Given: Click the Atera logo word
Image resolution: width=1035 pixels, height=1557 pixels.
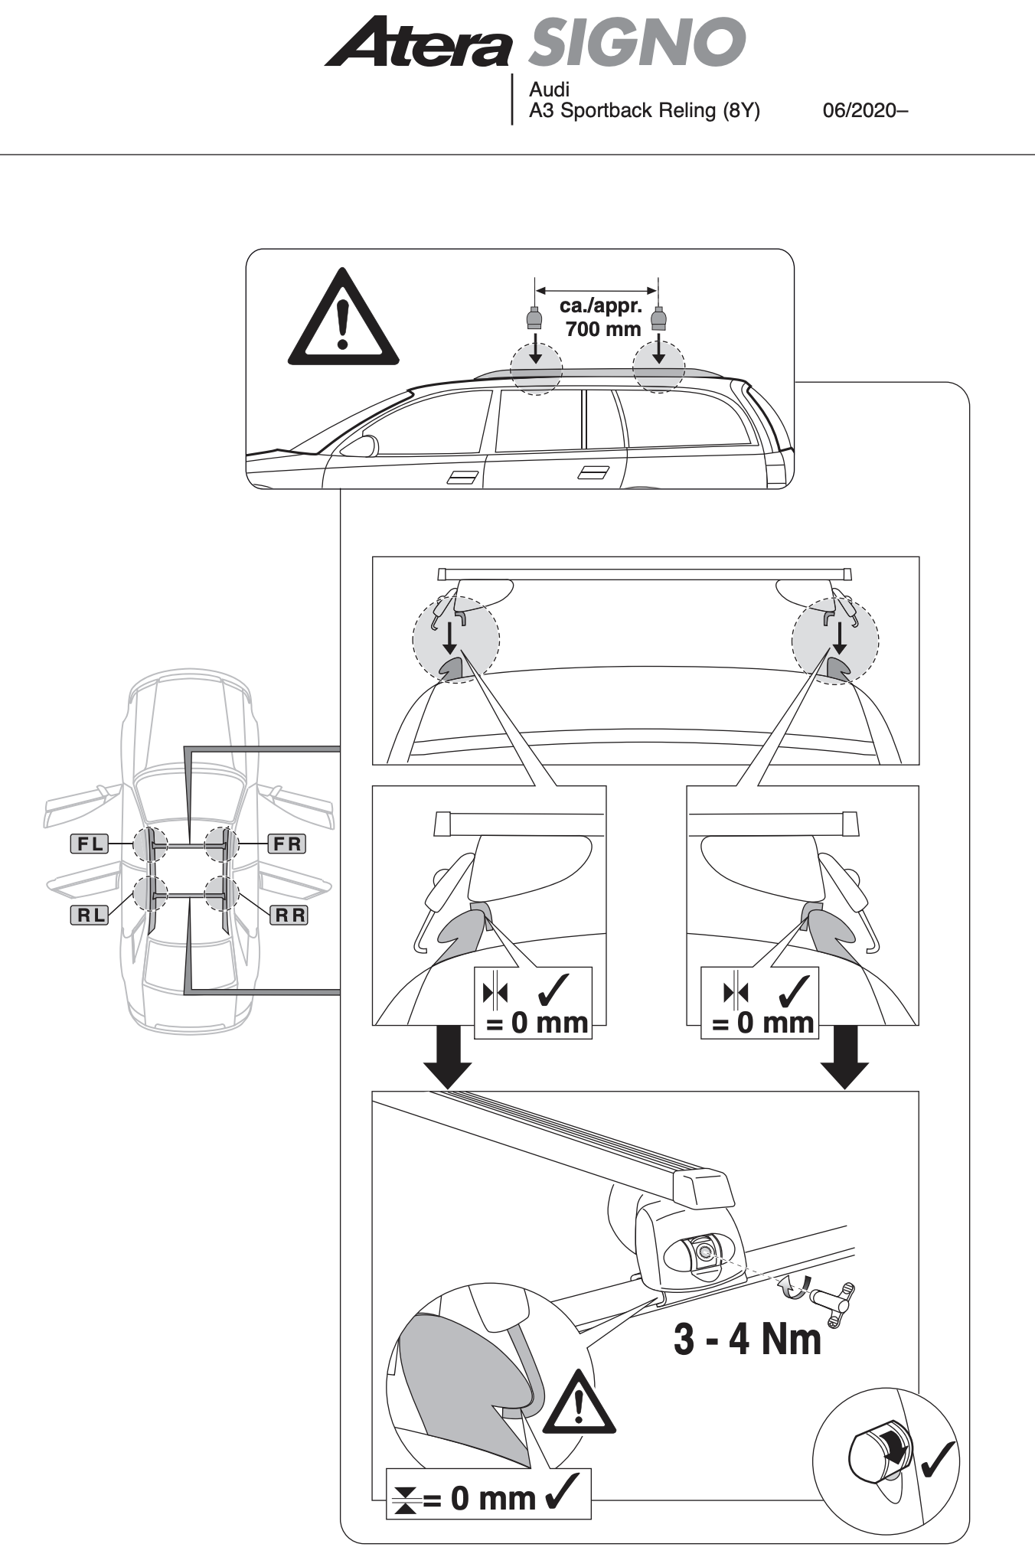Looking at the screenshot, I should (x=417, y=44).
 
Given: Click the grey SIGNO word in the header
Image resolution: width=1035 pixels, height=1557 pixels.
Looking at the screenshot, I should (x=636, y=43).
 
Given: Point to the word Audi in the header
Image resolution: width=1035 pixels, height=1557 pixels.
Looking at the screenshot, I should (x=549, y=90).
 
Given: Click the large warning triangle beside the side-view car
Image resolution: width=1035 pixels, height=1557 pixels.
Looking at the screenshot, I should (x=343, y=320).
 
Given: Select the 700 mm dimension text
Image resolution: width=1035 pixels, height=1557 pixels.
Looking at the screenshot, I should (x=602, y=330).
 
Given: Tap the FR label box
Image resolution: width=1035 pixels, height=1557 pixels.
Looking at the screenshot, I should (x=287, y=844).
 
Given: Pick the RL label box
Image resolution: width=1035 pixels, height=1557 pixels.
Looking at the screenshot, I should (x=89, y=915).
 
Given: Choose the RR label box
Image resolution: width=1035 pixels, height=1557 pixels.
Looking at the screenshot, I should (x=289, y=915).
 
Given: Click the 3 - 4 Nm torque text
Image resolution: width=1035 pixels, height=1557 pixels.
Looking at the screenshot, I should (x=746, y=1340).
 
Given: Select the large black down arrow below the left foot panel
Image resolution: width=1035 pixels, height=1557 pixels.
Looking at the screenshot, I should (x=449, y=1057).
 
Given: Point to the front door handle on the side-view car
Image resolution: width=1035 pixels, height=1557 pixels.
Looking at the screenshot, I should (x=462, y=478).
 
